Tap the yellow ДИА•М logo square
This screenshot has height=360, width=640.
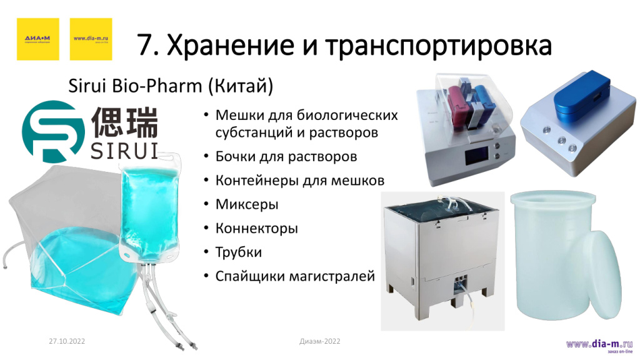point(37,39)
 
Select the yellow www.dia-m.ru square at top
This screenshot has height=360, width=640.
point(91,39)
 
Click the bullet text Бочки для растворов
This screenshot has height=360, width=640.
point(286,156)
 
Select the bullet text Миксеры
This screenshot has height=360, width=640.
point(247,204)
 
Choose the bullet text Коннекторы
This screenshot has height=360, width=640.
point(256,228)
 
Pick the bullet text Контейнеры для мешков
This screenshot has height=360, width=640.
point(300,180)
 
